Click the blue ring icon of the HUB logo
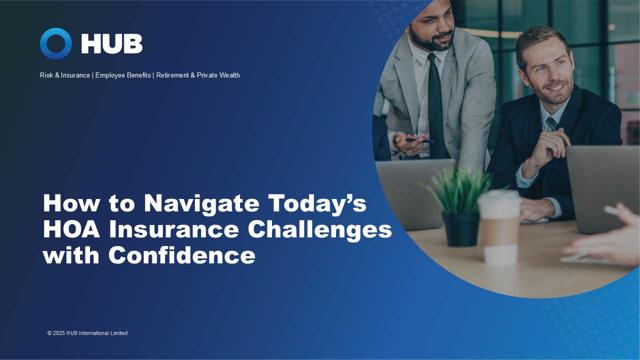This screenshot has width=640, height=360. [x=55, y=43]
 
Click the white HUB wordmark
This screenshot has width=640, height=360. [x=112, y=44]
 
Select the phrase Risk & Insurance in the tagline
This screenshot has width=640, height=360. [x=65, y=75]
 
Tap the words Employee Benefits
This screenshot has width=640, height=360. [x=123, y=75]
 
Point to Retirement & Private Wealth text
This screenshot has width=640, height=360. [x=198, y=75]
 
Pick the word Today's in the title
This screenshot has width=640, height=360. [x=317, y=203]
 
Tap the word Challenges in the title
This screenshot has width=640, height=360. [x=320, y=229]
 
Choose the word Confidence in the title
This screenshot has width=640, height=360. [x=182, y=255]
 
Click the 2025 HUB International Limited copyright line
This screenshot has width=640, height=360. [x=88, y=333]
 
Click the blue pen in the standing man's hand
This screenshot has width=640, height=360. [x=419, y=140]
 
